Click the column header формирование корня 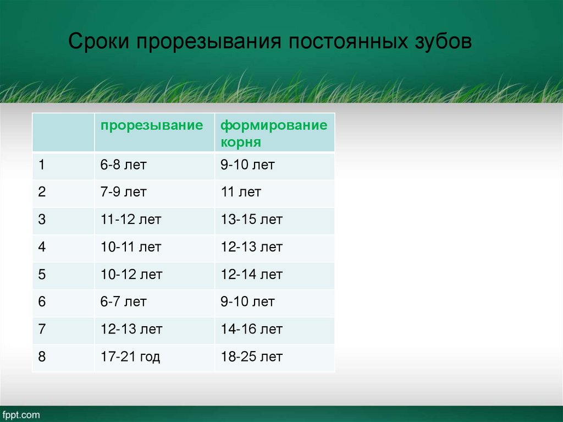tap(273, 133)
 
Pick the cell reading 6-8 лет tap(124, 165)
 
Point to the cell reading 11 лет tap(241, 192)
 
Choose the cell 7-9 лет tap(124, 192)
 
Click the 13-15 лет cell tap(252, 220)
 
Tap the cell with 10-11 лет tap(131, 247)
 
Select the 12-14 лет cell tap(252, 275)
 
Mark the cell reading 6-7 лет tap(124, 302)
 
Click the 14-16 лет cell tap(252, 330)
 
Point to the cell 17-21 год tap(130, 357)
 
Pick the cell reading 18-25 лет tap(252, 357)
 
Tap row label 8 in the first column tap(42, 357)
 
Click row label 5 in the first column tap(42, 275)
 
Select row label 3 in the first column tap(42, 220)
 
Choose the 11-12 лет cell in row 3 tap(131, 220)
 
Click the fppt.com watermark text tap(21, 415)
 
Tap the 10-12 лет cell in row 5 tap(131, 275)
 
